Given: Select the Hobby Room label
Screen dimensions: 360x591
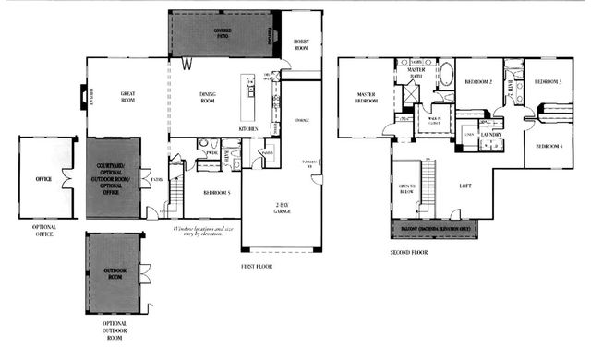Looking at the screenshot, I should click(x=302, y=44).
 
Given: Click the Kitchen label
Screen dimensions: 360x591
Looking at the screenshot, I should click(x=248, y=128).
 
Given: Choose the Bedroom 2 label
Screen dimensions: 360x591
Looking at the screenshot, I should click(x=477, y=81).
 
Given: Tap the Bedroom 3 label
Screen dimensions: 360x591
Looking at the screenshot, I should click(x=549, y=81).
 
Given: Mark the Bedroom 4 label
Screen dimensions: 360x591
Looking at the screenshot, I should click(x=550, y=145).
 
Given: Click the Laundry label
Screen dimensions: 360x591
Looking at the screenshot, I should click(x=490, y=135).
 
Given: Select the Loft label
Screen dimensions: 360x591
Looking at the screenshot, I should click(x=465, y=186).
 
